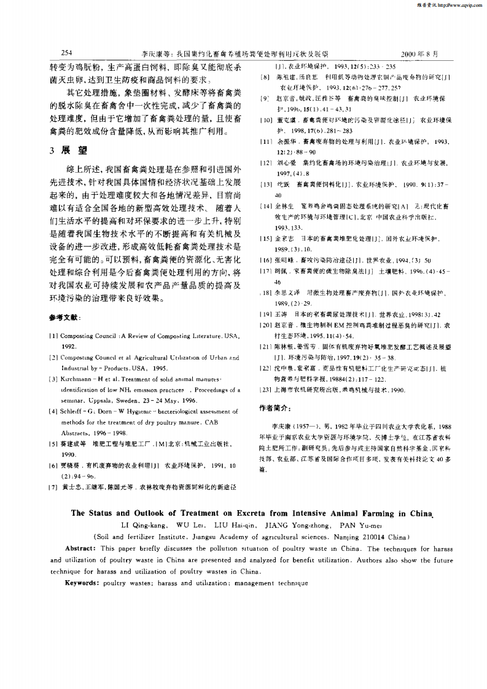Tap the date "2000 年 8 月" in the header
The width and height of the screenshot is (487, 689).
tap(419, 54)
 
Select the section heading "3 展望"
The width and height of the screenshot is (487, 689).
tap(69, 151)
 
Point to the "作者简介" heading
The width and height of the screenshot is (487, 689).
tap(274, 407)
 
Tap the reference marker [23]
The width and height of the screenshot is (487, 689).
tap(265, 390)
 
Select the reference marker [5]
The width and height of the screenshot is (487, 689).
tap(54, 443)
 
